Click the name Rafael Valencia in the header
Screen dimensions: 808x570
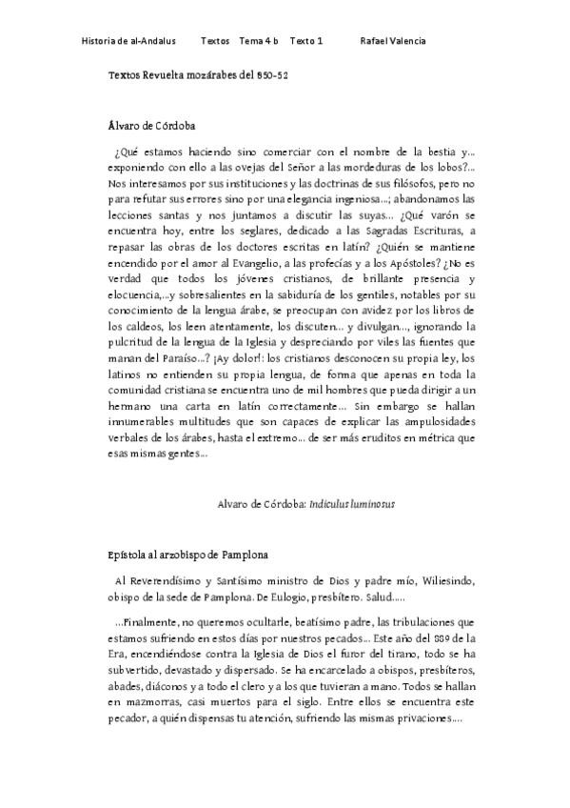tap(393, 41)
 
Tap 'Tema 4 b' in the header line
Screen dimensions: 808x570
tap(259, 41)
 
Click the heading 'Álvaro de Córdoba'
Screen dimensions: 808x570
tap(152, 124)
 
